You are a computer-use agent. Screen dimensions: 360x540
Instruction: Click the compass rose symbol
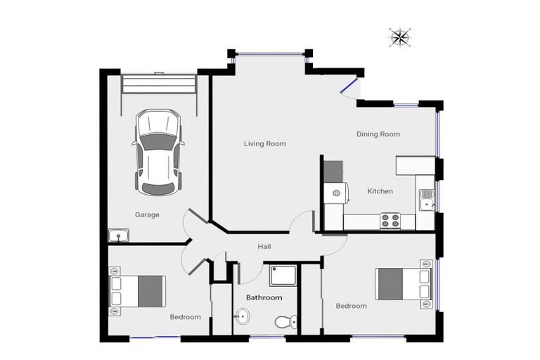point(400,37)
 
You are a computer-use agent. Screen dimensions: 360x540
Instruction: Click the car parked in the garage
point(158,151)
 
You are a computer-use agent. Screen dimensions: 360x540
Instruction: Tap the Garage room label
point(147,214)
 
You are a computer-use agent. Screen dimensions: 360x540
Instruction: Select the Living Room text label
point(264,143)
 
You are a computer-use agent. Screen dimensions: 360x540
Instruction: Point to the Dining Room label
point(378,134)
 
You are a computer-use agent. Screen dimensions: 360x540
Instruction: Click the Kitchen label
point(380,191)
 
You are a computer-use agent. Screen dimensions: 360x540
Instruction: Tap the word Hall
point(264,247)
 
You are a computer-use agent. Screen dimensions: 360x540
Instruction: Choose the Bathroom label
point(264,297)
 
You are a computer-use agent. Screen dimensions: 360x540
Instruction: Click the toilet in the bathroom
point(283,321)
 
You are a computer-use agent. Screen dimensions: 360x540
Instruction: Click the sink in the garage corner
point(118,236)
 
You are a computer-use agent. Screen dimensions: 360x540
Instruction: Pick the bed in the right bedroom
point(403,284)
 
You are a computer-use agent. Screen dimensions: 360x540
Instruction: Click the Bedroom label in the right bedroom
point(351,306)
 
